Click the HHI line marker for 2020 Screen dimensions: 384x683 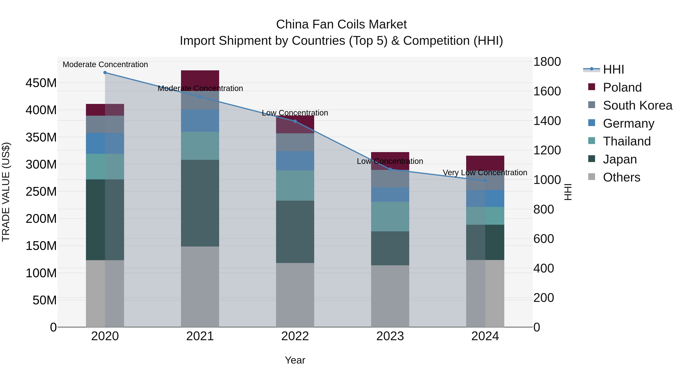[x=105, y=73]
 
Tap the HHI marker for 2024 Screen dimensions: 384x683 [x=485, y=181]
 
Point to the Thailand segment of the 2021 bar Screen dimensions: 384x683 [x=200, y=146]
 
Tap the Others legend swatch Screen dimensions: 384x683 [x=592, y=177]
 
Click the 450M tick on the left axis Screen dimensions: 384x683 [x=41, y=83]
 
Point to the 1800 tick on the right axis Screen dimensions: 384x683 [x=547, y=62]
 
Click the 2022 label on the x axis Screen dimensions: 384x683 [x=295, y=336]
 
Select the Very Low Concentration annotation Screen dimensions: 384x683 [x=485, y=173]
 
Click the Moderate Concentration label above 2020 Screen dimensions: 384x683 [x=105, y=64]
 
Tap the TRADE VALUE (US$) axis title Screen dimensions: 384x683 [x=6, y=192]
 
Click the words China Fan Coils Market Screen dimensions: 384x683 [x=341, y=24]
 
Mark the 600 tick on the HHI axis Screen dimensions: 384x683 [x=543, y=239]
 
